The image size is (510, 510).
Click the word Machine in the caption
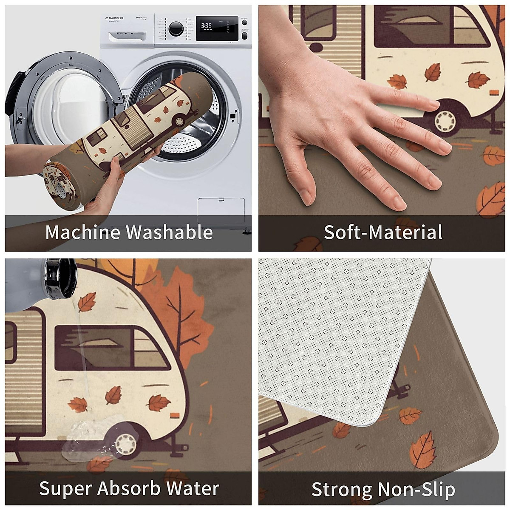pos(83,232)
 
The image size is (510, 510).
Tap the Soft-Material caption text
pos(383,232)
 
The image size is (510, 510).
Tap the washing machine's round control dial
pos(176,28)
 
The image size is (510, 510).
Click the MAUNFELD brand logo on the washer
pos(115,18)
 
